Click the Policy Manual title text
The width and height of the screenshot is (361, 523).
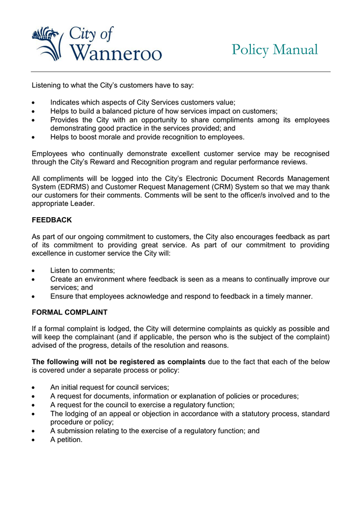(274, 50)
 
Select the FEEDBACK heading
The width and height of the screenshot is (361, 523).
(52, 220)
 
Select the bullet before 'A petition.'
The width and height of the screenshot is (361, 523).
(34, 440)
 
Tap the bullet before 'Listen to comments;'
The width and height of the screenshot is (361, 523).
(34, 270)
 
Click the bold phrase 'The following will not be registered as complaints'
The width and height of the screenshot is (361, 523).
(119, 362)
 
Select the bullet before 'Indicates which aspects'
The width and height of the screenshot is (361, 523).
(34, 102)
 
